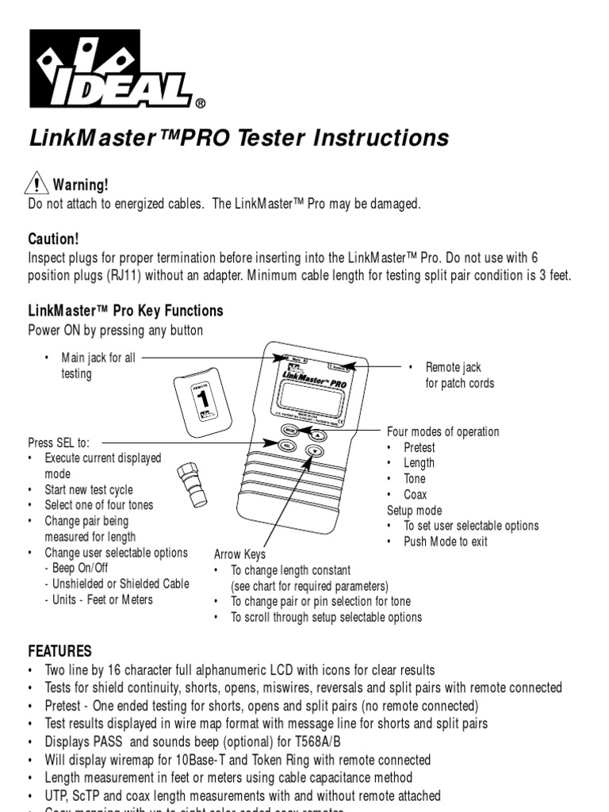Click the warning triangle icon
click(37, 184)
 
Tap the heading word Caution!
click(54, 239)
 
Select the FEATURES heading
click(60, 651)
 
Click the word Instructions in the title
click(381, 138)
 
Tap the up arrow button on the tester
click(316, 435)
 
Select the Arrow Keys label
click(240, 554)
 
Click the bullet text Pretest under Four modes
click(419, 447)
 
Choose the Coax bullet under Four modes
click(415, 494)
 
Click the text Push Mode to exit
click(446, 542)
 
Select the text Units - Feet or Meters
click(99, 599)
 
